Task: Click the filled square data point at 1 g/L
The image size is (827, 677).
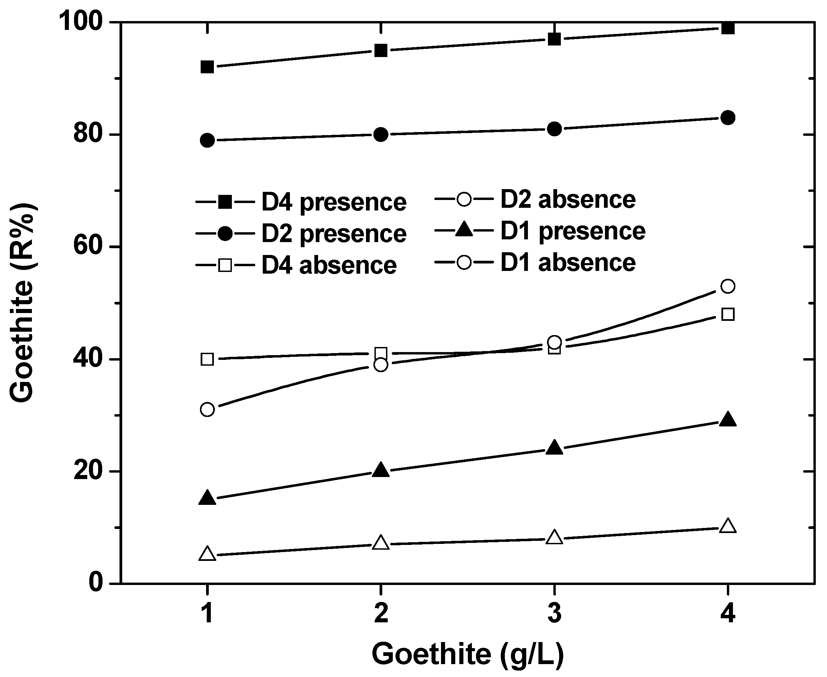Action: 207,67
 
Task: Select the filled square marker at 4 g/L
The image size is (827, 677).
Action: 728,28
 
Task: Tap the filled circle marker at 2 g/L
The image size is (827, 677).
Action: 381,134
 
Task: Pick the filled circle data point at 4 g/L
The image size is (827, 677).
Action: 728,117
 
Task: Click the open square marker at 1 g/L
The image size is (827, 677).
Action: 207,359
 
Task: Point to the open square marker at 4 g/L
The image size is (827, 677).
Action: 728,314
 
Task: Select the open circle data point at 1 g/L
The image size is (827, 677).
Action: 207,409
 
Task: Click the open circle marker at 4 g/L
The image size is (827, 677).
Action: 728,286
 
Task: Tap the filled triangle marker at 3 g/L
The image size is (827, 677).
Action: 554,448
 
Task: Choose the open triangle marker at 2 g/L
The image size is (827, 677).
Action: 381,543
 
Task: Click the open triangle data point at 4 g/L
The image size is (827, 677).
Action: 728,526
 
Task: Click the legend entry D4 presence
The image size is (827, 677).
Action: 333,202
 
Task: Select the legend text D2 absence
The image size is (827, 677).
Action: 568,199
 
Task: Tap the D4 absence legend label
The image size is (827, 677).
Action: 329,266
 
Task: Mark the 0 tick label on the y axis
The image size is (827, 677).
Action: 95,583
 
